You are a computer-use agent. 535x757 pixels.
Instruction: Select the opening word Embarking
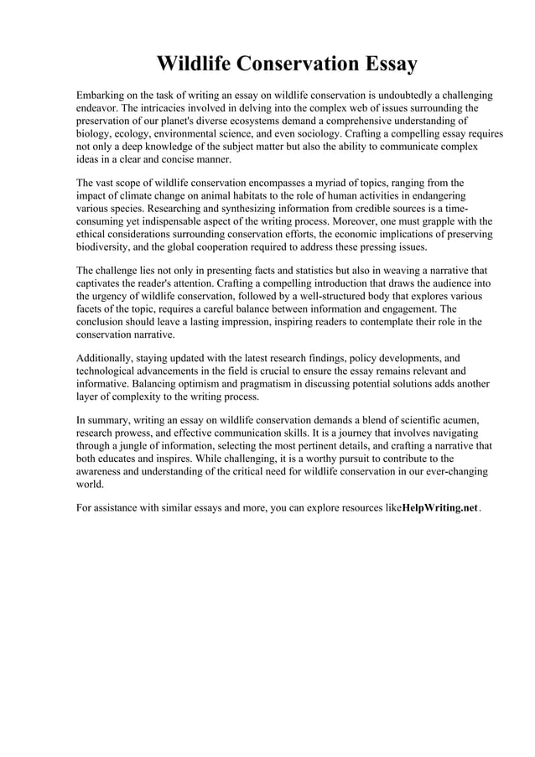(x=103, y=96)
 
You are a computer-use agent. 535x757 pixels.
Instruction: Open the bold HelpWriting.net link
(x=439, y=508)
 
